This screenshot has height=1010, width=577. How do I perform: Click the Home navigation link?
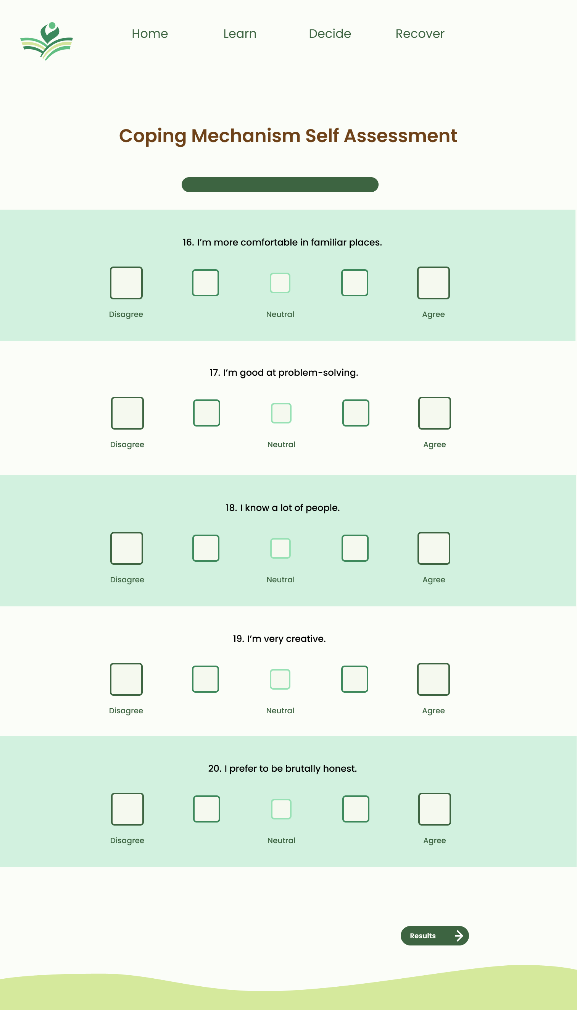(150, 34)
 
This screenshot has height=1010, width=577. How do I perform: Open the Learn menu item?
(240, 34)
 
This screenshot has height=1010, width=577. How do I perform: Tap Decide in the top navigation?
(330, 34)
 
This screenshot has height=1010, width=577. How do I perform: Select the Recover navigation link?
(420, 34)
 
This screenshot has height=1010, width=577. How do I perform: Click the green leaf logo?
(47, 41)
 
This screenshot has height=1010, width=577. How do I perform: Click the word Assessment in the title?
(400, 136)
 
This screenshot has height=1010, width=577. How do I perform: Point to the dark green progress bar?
(280, 184)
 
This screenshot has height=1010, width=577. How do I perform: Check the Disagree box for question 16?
(126, 283)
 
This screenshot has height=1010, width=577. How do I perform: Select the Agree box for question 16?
(433, 283)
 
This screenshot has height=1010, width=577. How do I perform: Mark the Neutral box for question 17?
(281, 413)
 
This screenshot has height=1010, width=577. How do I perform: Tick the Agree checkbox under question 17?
(434, 413)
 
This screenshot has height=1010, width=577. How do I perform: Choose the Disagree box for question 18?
(126, 548)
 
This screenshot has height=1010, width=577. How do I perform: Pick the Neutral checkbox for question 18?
(280, 548)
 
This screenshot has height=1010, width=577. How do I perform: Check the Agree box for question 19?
(433, 679)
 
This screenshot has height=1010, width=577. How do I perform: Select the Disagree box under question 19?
(126, 679)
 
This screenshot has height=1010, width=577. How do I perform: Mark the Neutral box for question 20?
(281, 809)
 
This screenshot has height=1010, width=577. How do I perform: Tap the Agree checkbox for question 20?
(434, 809)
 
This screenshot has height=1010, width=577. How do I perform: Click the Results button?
(434, 936)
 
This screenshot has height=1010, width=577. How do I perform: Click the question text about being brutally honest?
(282, 769)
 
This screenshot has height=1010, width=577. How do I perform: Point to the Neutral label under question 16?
(280, 314)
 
